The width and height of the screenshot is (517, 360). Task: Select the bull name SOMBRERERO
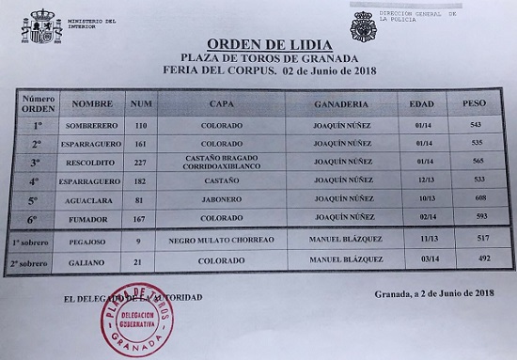pyautogui.click(x=92, y=124)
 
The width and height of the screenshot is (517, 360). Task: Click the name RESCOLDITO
pyautogui.click(x=93, y=162)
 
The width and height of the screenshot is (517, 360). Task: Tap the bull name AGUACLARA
pyautogui.click(x=93, y=200)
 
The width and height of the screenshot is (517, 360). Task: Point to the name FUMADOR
pyautogui.click(x=92, y=219)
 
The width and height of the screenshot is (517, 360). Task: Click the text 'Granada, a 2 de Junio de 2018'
pyautogui.click(x=432, y=293)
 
